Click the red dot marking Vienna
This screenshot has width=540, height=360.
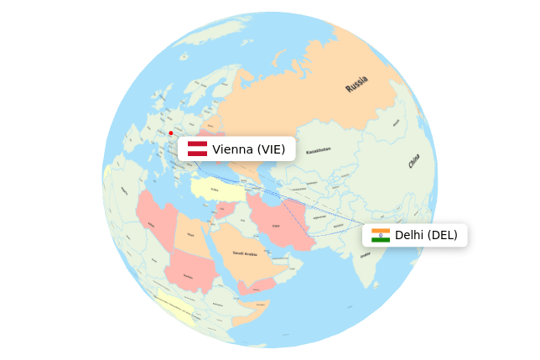(171, 133)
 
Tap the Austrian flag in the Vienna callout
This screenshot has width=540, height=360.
(197, 149)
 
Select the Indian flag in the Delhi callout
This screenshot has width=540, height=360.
(381, 235)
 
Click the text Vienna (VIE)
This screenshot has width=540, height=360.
(249, 149)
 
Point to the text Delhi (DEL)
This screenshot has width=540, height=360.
(426, 235)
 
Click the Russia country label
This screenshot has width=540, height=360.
(356, 84)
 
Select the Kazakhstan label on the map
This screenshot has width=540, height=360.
(319, 151)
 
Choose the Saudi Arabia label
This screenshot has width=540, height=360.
(245, 253)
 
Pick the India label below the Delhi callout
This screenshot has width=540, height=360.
(365, 255)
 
